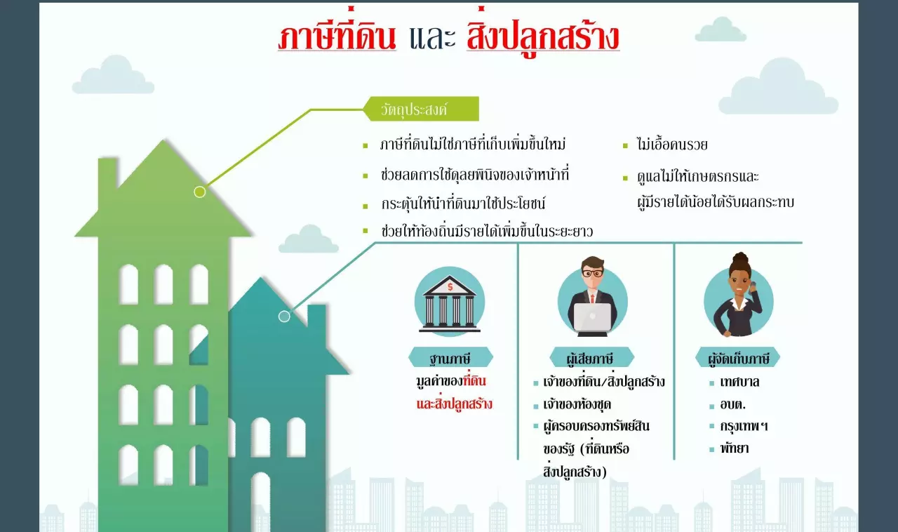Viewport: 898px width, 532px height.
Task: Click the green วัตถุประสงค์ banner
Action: coord(421,109)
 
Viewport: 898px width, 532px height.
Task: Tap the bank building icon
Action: coord(450,303)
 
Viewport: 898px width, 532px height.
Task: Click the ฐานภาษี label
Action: coord(450,357)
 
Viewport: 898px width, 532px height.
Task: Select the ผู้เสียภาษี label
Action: coord(591,357)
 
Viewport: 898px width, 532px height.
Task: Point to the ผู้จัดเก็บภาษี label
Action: coord(738,357)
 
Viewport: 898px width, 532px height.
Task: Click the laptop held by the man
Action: coord(593,317)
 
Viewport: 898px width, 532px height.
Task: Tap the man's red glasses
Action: coord(592,274)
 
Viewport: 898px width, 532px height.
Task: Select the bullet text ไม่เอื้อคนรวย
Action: coord(672,145)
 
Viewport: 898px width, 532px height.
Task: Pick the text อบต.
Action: coord(732,404)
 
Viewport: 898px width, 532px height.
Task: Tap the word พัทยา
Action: coord(734,448)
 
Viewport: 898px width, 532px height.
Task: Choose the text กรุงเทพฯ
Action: coord(744,426)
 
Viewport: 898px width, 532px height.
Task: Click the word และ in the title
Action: coord(432,38)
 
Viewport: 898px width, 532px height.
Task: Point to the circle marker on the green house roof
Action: coord(200,192)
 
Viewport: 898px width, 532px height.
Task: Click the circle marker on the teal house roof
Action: coord(284,316)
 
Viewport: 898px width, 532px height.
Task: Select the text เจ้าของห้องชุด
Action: coord(577,404)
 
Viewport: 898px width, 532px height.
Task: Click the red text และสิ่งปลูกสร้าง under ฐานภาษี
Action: coord(454,404)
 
